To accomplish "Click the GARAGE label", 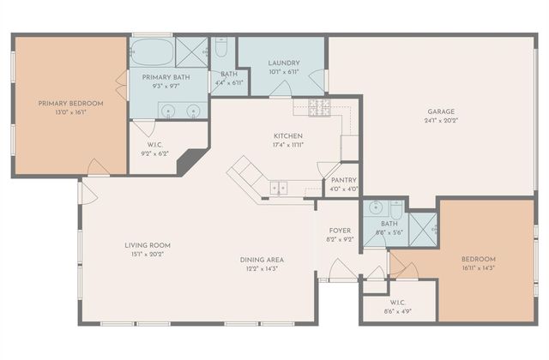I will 442,111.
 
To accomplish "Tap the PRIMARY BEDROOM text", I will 70,104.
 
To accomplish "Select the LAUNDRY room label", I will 283,63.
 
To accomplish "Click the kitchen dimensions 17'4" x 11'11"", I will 288,145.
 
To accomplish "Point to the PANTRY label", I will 338,180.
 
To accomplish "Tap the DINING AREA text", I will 262,260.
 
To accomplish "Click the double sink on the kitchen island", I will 279,187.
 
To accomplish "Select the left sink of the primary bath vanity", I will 166,110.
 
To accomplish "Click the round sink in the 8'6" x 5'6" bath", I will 376,207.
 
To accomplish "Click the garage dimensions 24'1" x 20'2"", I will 442,121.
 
